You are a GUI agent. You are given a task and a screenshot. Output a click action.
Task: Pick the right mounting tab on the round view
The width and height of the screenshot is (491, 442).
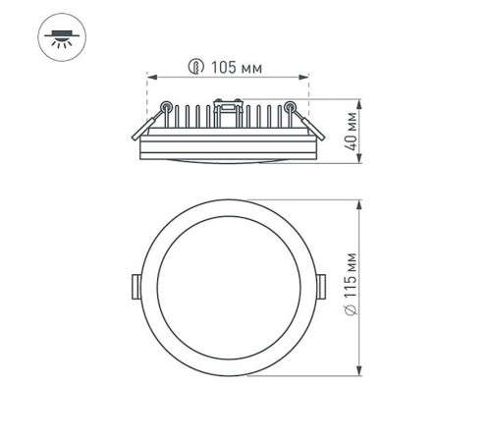click(x=324, y=286)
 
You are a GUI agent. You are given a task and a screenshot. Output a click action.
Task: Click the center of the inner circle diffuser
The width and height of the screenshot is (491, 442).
click(x=229, y=286)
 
